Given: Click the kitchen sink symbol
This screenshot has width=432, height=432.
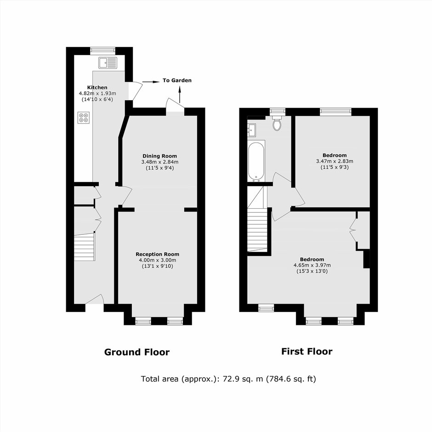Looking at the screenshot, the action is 108,63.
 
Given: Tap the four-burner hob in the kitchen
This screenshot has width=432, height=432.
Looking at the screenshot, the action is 84,118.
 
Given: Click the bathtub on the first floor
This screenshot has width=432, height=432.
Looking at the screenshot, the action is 256,161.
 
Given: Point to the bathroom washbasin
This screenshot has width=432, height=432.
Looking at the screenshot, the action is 252,130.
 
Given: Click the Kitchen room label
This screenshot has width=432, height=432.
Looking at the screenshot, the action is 97,87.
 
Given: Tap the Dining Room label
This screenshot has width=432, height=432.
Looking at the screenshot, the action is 159,156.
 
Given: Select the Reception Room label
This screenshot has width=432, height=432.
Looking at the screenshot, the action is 157,254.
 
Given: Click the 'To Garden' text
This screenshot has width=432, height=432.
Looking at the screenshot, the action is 177,80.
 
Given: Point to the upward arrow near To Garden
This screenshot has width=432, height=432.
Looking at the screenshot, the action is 180,94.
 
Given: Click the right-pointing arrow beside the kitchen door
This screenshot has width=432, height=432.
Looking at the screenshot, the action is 151,82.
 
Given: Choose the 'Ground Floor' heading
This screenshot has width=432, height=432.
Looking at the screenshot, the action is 137,352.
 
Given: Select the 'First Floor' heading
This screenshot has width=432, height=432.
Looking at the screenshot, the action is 307,351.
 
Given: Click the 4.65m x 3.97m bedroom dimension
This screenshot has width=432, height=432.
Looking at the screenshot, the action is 312,265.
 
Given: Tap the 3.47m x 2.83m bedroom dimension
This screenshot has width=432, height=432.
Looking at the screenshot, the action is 335,161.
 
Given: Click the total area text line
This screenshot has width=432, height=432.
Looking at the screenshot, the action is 228,379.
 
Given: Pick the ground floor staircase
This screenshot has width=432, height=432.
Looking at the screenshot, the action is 85,247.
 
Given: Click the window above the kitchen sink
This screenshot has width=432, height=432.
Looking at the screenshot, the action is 103,50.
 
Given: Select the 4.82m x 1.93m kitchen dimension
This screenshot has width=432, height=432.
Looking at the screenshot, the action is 97,93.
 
